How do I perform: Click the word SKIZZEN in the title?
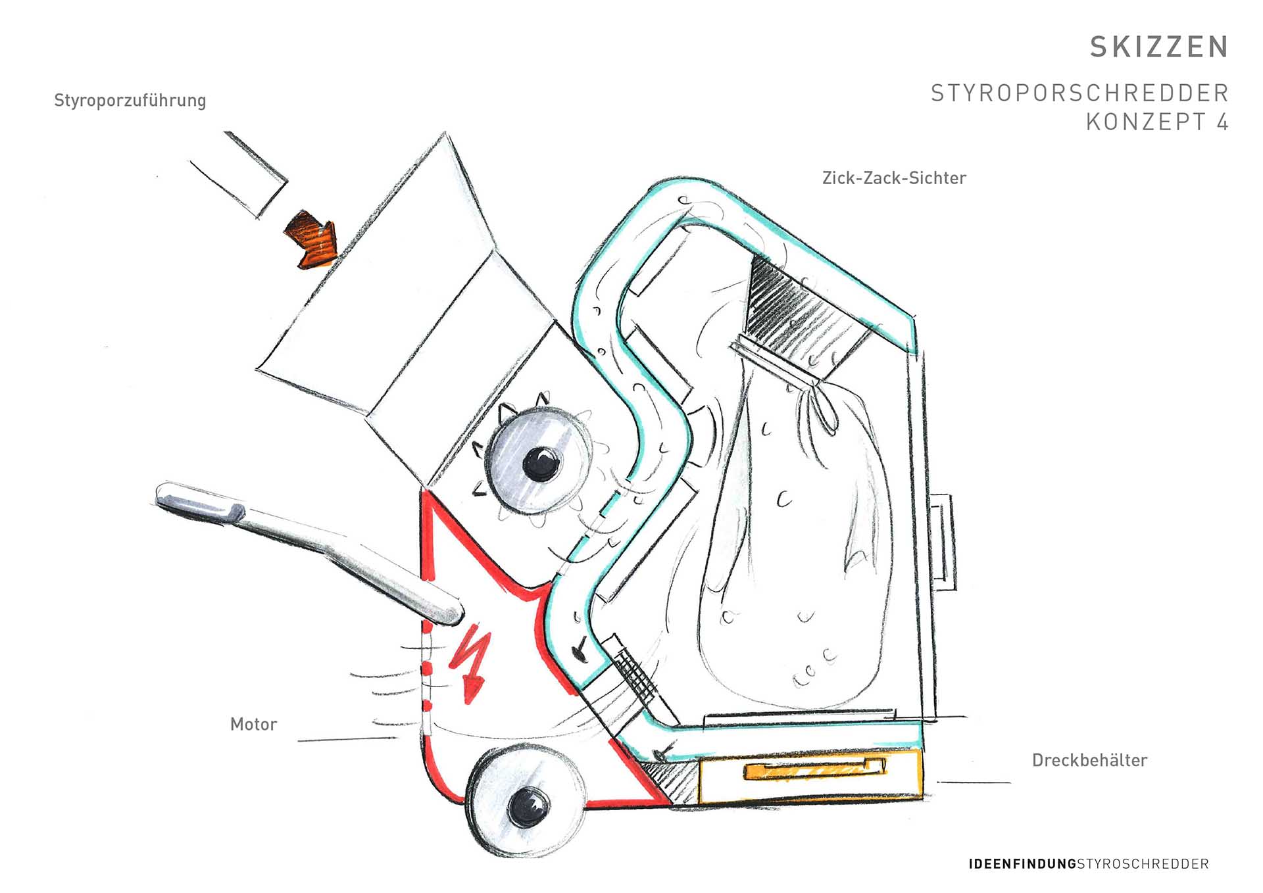coord(1158,47)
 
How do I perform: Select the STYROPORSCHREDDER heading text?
coord(1079,93)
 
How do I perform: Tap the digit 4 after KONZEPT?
coord(1222,122)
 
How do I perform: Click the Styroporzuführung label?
coord(130,101)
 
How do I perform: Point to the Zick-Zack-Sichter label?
coord(894,178)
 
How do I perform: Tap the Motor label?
coord(253,725)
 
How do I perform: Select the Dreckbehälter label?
coord(1089,761)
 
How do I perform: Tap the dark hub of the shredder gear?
coord(541,463)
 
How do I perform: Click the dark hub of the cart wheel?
coord(529,805)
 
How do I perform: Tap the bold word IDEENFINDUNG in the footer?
coord(1022,864)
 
